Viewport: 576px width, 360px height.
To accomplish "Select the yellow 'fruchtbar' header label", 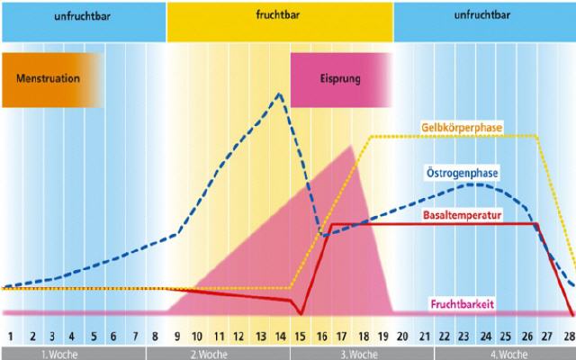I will (280, 15).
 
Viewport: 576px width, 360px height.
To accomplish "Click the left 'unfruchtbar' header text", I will (83, 15).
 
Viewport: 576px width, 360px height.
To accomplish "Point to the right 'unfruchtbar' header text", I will (485, 15).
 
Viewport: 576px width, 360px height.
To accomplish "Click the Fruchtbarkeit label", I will (468, 303).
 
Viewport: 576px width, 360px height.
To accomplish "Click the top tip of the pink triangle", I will (350, 145).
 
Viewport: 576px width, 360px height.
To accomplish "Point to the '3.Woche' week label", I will (353, 353).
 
